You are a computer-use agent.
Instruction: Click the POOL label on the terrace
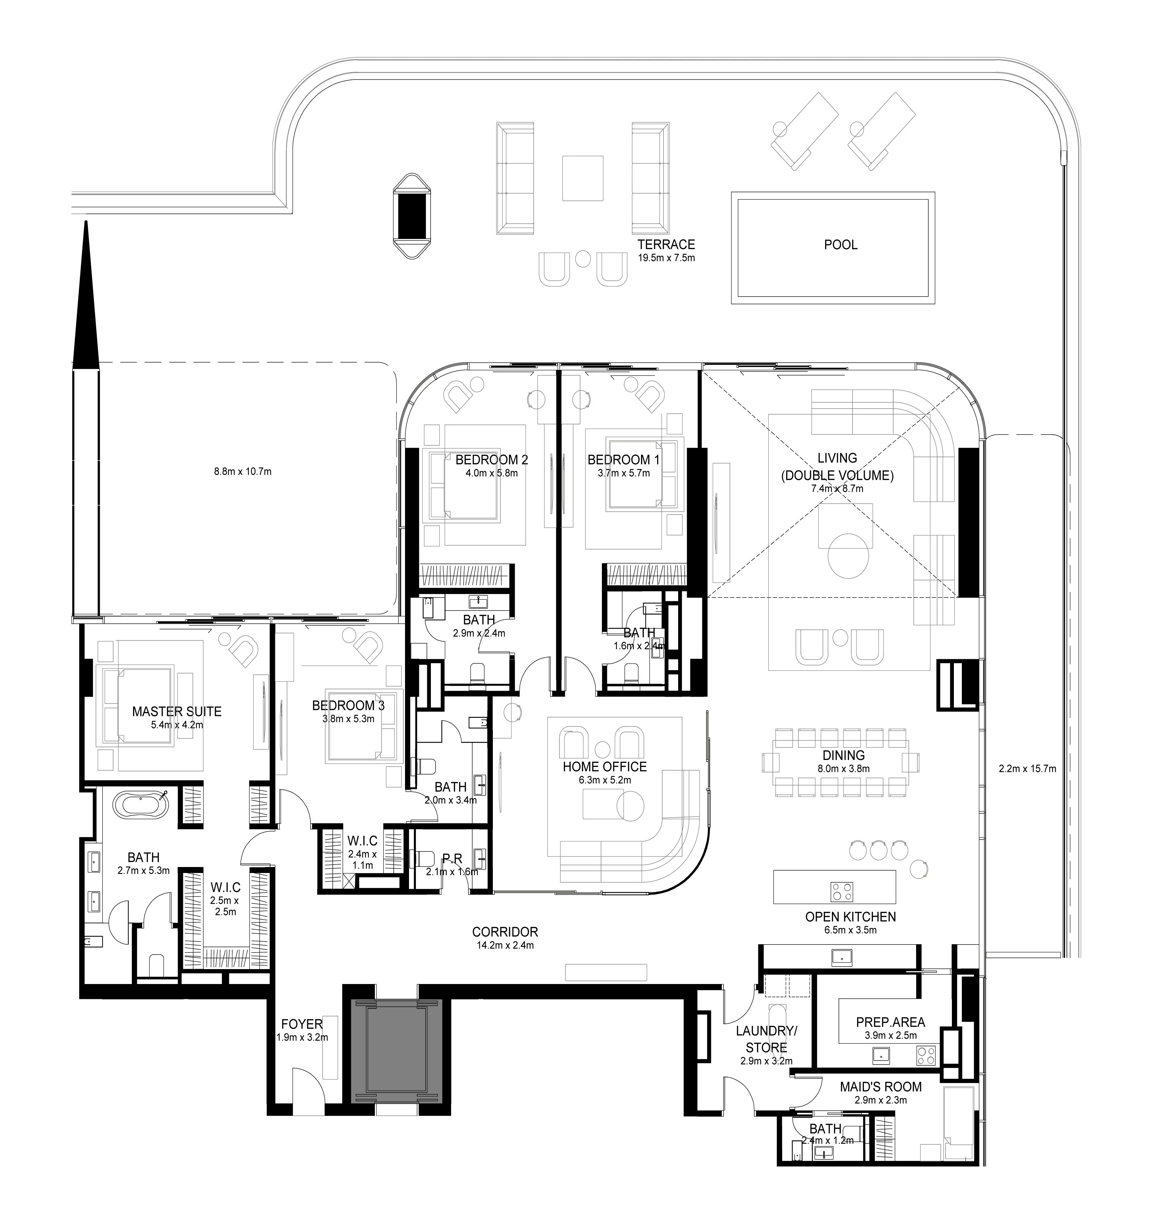[x=841, y=245]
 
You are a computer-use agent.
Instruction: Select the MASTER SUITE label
[x=177, y=712]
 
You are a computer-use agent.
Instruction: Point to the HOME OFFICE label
[x=605, y=767]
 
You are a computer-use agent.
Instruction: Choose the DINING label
[x=844, y=755]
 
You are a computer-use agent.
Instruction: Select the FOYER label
[x=302, y=1024]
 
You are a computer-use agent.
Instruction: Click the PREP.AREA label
[x=890, y=1022]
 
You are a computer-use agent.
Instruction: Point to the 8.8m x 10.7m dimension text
[x=243, y=471]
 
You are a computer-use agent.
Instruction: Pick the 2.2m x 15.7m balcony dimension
[x=1027, y=768]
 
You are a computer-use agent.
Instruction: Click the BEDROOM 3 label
[x=348, y=705]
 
